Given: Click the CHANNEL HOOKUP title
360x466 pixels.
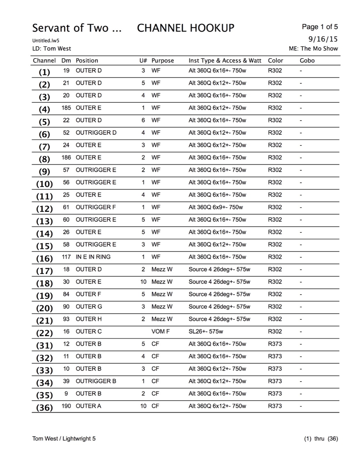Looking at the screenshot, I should coord(185,28).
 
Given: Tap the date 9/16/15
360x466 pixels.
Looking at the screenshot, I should coord(323,39).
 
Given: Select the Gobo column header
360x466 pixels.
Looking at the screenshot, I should coord(307,60).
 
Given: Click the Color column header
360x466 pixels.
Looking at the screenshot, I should coord(275,60).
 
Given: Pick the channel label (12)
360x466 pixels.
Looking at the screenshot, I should coord(44,209).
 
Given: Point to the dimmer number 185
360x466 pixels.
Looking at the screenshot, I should coord(66,108).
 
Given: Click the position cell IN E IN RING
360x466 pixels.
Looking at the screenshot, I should coord(93,257).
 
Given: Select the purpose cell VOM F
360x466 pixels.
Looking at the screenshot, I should coord(160,331).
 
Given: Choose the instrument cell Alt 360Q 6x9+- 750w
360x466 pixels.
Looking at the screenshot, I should coord(215,207).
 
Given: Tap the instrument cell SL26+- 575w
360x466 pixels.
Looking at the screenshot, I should coord(206,331).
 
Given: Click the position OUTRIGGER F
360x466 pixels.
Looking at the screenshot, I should coord(96,207).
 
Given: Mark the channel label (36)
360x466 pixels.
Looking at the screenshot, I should coord(44,408).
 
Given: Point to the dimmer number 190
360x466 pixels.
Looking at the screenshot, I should coord(66,406).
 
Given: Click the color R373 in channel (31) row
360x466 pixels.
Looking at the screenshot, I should coord(275,344).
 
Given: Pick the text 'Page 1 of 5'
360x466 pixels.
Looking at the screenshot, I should coord(320,27).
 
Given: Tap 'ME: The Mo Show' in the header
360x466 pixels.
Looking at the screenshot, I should coord(313,49).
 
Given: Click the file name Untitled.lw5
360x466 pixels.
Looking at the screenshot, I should coord(45,41).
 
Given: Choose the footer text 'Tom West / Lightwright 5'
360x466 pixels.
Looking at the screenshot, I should coord(64,439).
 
